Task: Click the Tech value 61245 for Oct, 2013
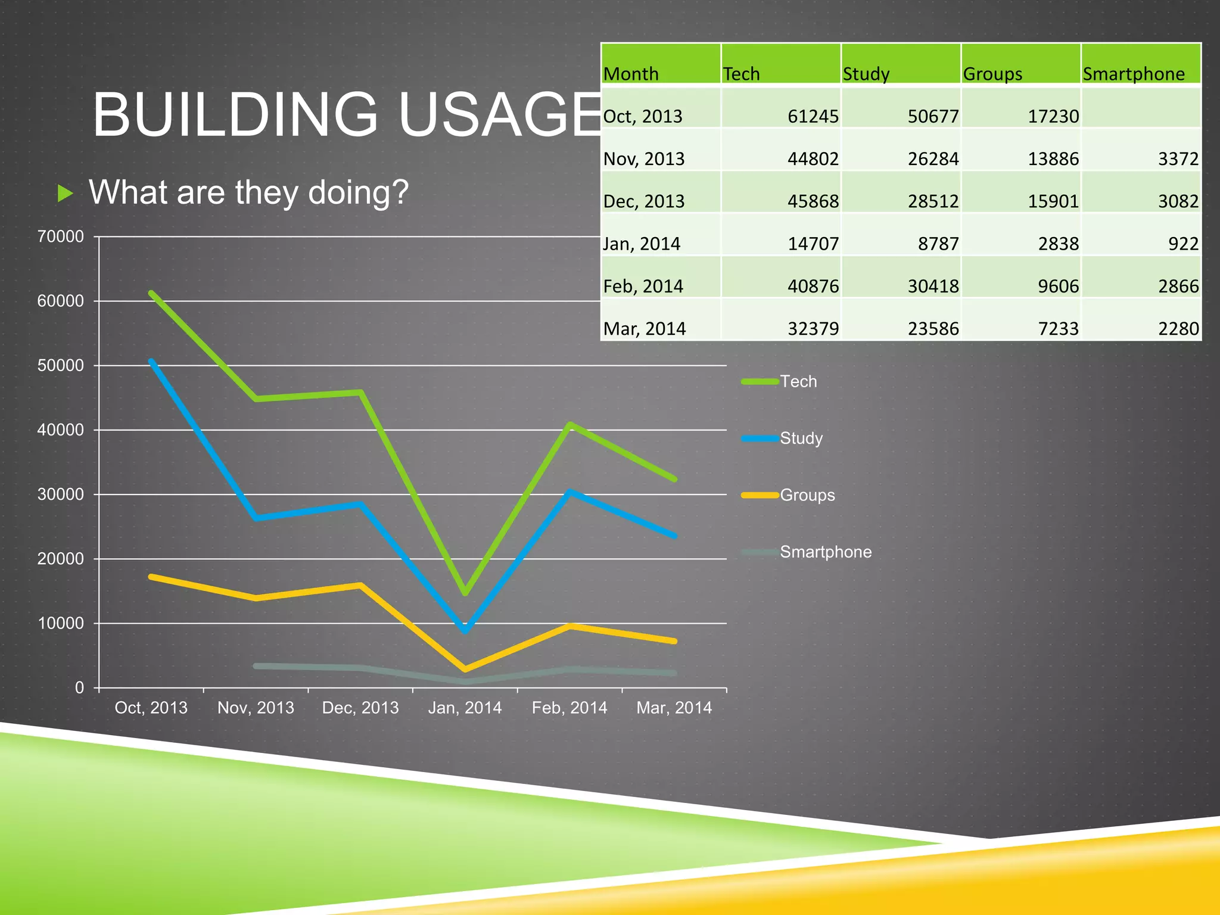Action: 813,116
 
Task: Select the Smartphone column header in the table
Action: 1134,74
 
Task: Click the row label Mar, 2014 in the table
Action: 645,329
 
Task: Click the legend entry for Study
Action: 801,438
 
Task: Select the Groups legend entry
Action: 807,495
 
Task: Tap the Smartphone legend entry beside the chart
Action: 825,552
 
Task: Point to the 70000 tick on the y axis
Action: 60,236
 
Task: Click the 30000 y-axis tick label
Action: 60,494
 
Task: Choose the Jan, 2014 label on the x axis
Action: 465,708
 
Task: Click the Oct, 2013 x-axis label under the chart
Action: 151,708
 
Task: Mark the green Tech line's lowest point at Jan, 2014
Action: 465,593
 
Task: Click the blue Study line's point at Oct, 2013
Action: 151,361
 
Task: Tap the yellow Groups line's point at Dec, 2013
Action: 360,585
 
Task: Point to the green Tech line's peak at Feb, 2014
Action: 570,424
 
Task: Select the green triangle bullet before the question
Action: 65,193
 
